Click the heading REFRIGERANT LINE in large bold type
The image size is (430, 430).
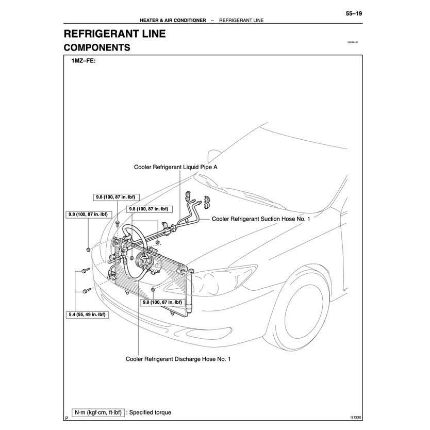point(114,35)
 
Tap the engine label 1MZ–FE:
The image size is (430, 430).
point(84,61)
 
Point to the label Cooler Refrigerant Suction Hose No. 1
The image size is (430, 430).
point(261,219)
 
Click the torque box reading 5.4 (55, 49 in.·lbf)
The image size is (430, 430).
point(88,313)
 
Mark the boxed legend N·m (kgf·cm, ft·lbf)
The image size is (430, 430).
point(97,412)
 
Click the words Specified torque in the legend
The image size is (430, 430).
point(150,412)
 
